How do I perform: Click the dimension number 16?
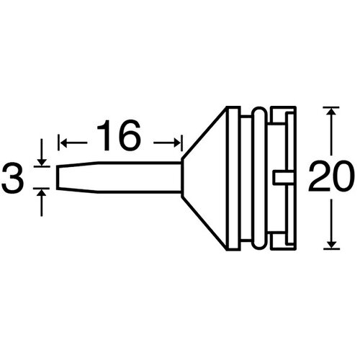pos(118,135)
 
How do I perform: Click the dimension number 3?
pos(13,178)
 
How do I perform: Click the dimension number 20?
pos(331,177)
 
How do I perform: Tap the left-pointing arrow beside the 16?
pos(73,143)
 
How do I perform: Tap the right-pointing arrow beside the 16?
pos(166,143)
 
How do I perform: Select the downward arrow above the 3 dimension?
pos(42,152)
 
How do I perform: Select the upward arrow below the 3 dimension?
pos(42,202)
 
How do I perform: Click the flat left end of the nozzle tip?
pos(58,178)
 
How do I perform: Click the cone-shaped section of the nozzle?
pos(204,179)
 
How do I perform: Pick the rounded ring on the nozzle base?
pos(260,179)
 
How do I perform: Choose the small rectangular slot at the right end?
pos(284,177)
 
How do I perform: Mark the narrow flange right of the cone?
pos(234,179)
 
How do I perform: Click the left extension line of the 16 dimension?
pos(58,143)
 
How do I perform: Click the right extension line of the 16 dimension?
pos(182,143)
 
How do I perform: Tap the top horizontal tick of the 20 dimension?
pos(331,107)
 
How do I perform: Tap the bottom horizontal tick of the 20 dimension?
pos(331,249)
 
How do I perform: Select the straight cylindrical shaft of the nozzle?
pos(139,178)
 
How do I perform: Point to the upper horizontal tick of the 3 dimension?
pos(42,166)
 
